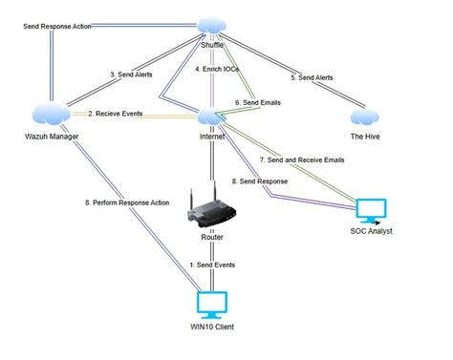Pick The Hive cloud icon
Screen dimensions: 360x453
[x=363, y=116]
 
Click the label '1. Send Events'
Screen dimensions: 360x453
[x=211, y=264]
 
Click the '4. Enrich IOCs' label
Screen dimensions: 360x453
[x=220, y=70]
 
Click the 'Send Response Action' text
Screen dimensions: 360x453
[x=57, y=26]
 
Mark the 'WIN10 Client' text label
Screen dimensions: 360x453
[x=210, y=327]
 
